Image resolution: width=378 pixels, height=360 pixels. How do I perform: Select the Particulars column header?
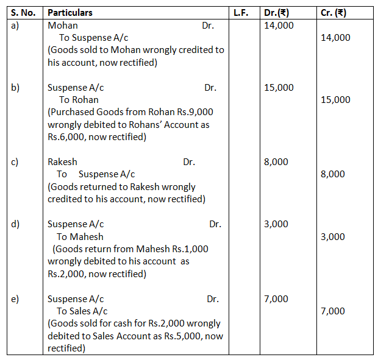(70, 13)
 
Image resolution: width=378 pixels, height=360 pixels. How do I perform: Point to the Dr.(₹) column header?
(277, 13)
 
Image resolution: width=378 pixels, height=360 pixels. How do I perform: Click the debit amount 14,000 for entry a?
(279, 26)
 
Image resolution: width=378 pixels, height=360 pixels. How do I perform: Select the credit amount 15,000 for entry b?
(335, 100)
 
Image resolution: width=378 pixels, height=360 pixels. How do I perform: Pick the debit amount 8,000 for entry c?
(276, 162)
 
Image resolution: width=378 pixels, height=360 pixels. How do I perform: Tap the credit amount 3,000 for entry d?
(333, 237)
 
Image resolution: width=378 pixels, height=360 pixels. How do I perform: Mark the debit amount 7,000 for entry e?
(276, 299)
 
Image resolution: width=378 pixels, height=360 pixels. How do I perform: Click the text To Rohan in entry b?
(79, 100)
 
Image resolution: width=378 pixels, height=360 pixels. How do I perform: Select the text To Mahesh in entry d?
(80, 237)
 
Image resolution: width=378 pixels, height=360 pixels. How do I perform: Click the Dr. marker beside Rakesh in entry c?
(189, 162)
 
